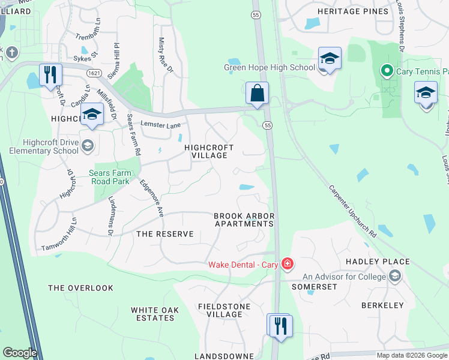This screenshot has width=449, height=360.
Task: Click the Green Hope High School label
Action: coord(270,67)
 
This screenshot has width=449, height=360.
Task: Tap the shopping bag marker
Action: coord(257,94)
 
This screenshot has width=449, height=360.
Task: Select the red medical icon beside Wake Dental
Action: coord(288,264)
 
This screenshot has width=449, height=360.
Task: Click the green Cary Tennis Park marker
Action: coord(387,72)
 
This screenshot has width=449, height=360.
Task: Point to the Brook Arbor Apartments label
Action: coord(244,220)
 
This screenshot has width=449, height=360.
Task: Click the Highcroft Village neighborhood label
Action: coord(206,151)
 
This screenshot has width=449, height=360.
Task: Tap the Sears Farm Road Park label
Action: coord(109,177)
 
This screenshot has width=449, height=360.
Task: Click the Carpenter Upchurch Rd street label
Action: coord(352,209)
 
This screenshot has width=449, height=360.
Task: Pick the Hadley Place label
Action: coord(378,262)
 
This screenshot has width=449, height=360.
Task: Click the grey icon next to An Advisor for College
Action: coord(395,276)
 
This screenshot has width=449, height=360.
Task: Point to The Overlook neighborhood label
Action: coord(80,288)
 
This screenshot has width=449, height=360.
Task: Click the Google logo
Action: coord(20,353)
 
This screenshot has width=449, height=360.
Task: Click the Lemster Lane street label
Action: coord(160,125)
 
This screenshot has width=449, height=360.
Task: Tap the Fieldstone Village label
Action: coord(220,310)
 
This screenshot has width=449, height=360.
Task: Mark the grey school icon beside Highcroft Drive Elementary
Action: coord(87,146)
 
